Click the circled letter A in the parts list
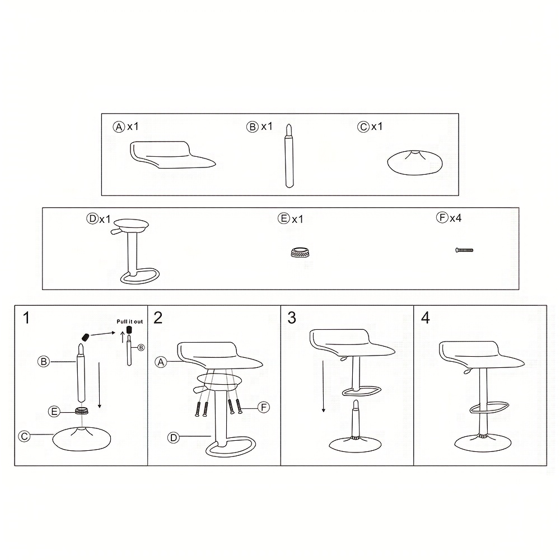(119, 127)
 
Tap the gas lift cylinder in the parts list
(289, 156)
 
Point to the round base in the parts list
(414, 162)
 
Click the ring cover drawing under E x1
(300, 252)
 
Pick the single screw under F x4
(464, 250)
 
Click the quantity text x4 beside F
(455, 218)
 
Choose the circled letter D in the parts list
(92, 218)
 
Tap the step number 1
(26, 318)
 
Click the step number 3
(292, 318)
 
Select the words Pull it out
(130, 321)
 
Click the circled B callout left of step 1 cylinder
(44, 362)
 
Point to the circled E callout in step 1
(54, 412)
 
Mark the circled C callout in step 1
(24, 436)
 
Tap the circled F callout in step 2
(264, 407)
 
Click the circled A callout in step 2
(161, 362)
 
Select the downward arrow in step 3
(323, 386)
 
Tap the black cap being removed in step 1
(85, 337)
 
